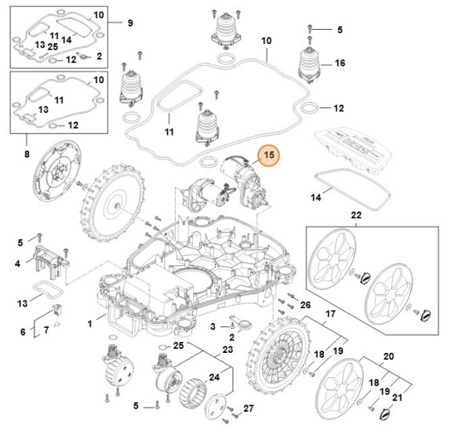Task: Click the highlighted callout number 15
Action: click(268, 156)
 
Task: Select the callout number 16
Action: click(340, 63)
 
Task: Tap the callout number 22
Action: click(355, 215)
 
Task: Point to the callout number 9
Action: click(131, 24)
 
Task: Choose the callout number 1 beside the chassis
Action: click(90, 322)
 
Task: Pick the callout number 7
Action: click(46, 329)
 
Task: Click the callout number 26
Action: click(306, 304)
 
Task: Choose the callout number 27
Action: click(249, 408)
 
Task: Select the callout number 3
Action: click(213, 325)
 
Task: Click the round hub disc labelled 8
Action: click(55, 177)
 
